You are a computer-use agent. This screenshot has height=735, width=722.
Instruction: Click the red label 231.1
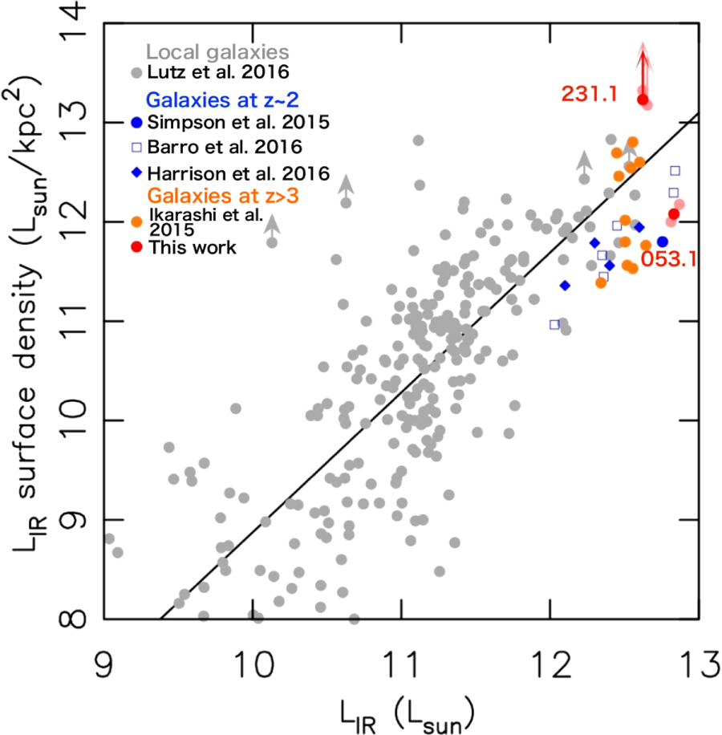pyautogui.click(x=589, y=94)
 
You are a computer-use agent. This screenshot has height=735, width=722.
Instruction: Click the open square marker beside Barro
pyautogui.click(x=136, y=148)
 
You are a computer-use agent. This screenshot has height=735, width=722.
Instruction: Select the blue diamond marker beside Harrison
pyautogui.click(x=136, y=173)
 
